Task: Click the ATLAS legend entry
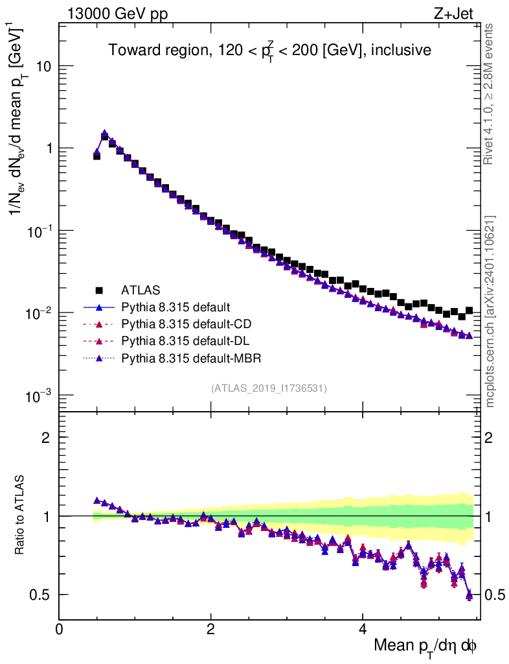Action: tap(141, 289)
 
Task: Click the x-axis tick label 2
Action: tap(211, 629)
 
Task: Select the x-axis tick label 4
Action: tap(363, 629)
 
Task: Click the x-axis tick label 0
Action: tap(60, 629)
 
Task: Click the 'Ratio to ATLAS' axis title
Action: tap(20, 516)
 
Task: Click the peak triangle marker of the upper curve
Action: tap(104, 134)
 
